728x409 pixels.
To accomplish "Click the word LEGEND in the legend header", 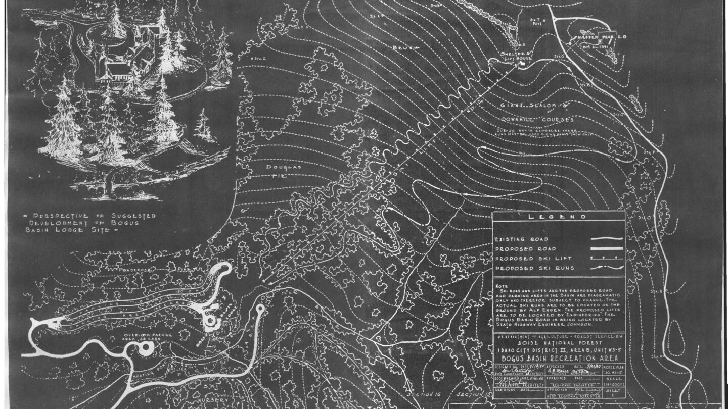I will point(558,217).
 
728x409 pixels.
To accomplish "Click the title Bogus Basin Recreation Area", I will point(558,358).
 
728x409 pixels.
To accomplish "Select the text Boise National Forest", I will point(558,342).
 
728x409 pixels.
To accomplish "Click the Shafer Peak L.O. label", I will point(602,38).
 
